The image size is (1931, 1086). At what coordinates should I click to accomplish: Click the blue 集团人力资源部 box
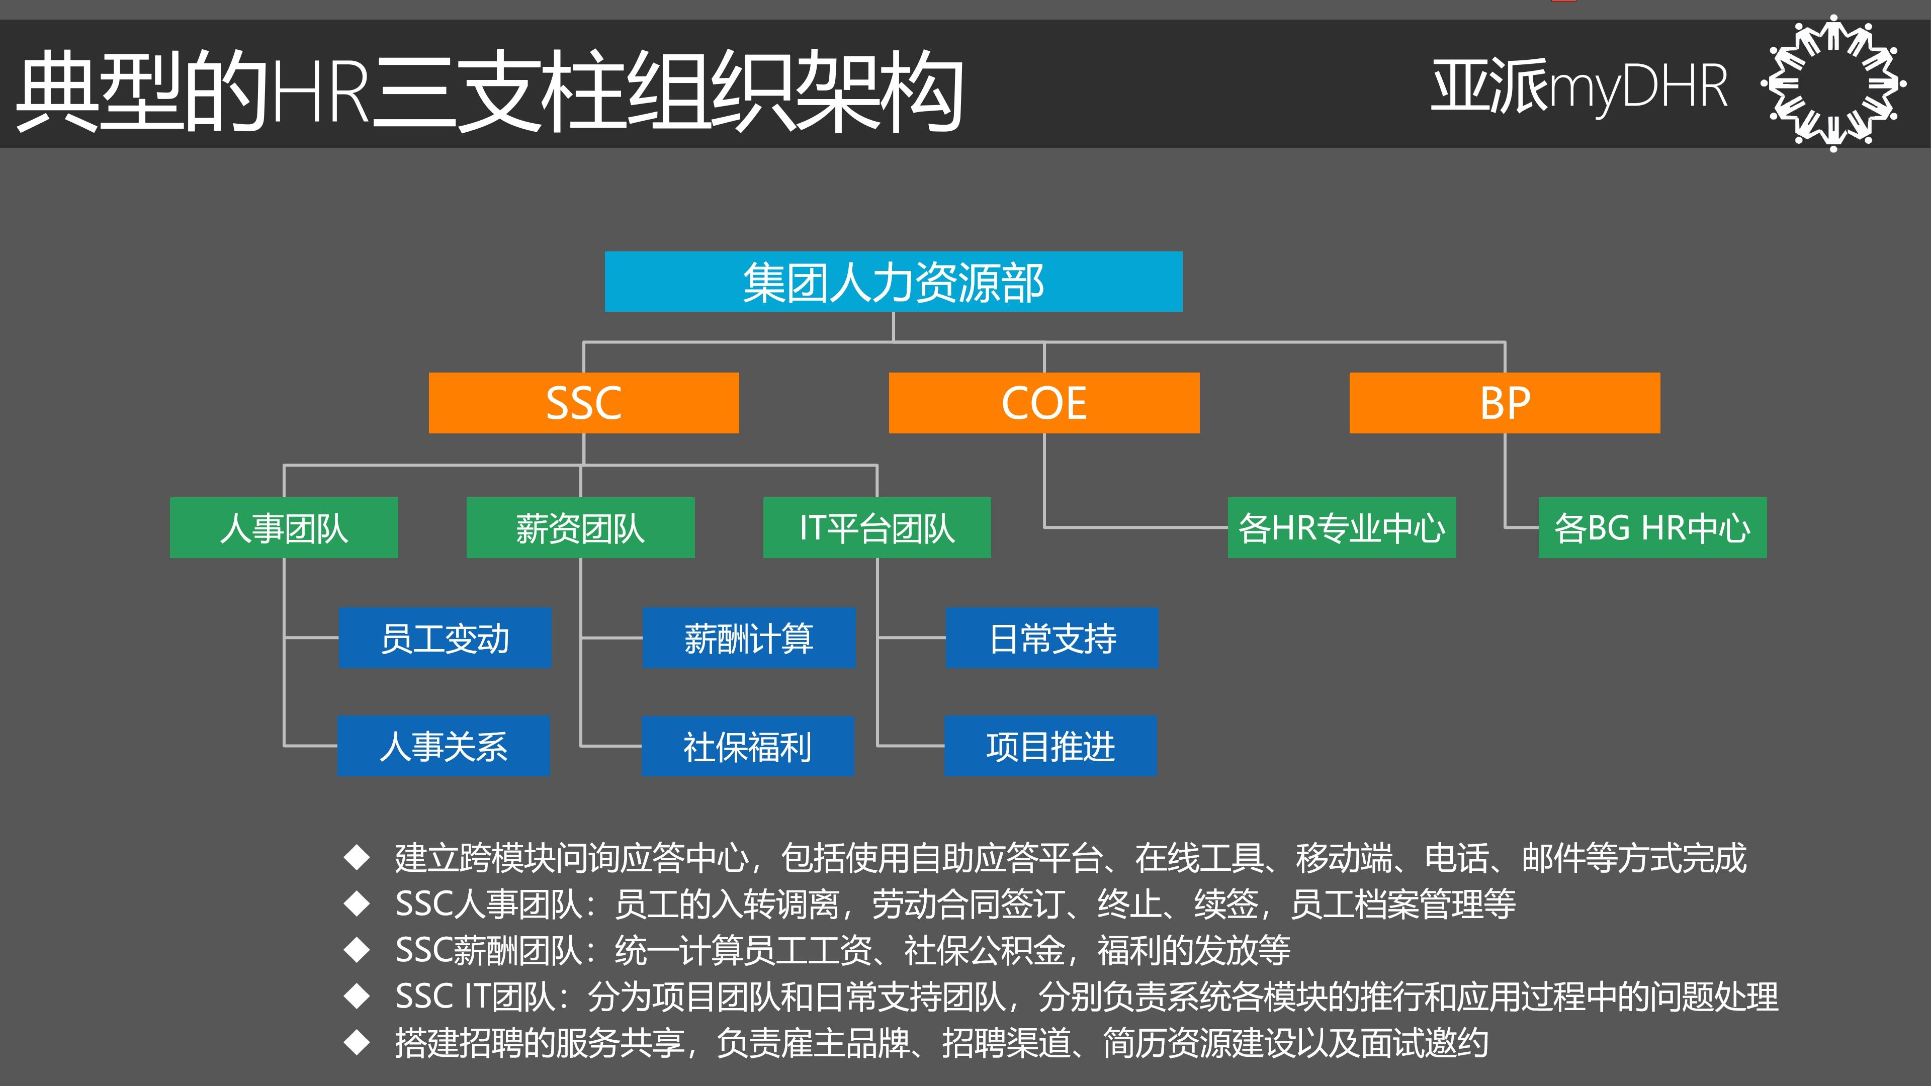(893, 282)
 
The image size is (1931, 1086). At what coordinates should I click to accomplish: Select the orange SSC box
(583, 403)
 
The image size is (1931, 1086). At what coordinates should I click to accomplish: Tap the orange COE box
(1043, 403)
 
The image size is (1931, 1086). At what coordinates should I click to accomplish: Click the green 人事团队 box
(283, 527)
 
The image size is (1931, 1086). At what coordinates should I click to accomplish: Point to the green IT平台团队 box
(876, 527)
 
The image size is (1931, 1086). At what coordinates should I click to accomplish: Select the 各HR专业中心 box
(1341, 527)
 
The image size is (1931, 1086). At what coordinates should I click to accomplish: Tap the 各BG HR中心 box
(1651, 527)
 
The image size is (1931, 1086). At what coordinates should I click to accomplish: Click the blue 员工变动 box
(445, 638)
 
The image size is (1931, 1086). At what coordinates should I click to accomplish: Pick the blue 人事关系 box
(443, 746)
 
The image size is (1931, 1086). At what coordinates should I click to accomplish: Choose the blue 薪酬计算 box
(748, 638)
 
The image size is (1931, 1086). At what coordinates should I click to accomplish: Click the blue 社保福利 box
(747, 746)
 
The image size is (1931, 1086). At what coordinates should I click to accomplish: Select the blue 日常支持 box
(1051, 638)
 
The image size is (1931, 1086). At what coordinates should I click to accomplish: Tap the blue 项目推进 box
(1049, 746)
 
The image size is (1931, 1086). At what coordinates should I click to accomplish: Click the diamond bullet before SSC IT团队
(357, 996)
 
